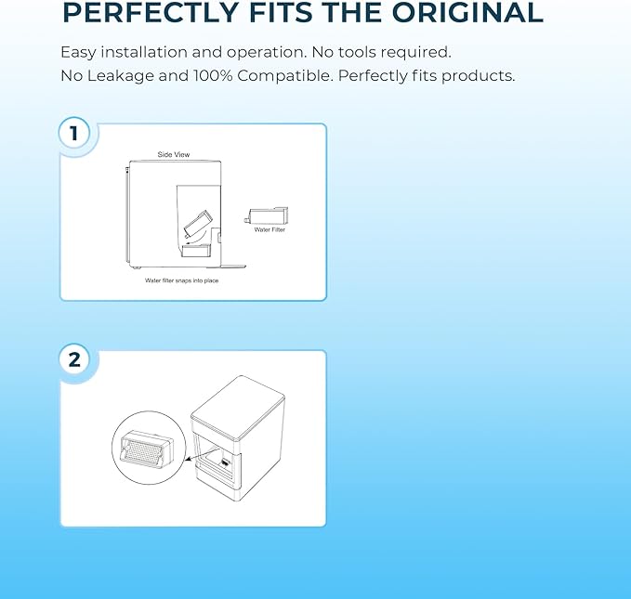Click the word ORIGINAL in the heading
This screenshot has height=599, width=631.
pos(467,12)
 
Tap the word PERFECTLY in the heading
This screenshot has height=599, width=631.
pos(151,12)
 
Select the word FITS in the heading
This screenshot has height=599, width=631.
pos(281,12)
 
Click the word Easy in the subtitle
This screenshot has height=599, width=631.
pos(78,53)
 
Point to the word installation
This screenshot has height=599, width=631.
pos(144,52)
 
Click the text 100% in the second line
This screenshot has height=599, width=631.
pos(213,75)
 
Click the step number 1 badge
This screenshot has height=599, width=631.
pos(74,133)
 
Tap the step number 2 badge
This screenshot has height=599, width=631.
pos(74,359)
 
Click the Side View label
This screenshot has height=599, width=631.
pos(174,154)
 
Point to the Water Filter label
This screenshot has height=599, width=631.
pos(269,229)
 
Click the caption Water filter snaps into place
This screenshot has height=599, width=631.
pos(182,280)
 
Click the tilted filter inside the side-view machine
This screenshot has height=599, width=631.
pos(198,223)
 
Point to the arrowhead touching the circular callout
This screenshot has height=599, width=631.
pos(189,458)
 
